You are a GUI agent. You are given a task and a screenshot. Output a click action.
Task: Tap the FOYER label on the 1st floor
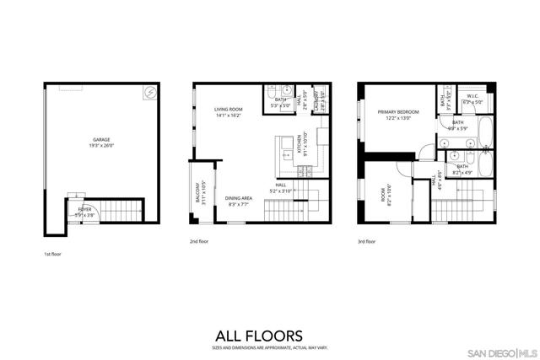point(85,208)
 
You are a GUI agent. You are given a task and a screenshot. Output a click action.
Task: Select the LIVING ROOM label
point(228,110)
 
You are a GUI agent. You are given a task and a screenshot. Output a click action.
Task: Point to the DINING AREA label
point(239,199)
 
